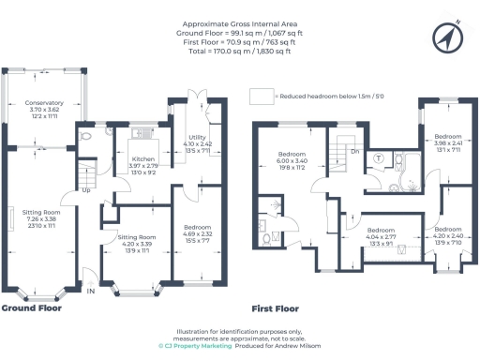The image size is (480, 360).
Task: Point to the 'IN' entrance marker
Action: [x=91, y=292]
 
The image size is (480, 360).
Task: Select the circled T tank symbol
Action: [x=377, y=157]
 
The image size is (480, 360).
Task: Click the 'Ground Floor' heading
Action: [x=32, y=307]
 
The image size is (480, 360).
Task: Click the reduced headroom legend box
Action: [x=261, y=96]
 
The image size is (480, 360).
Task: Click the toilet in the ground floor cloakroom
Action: [x=85, y=136]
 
